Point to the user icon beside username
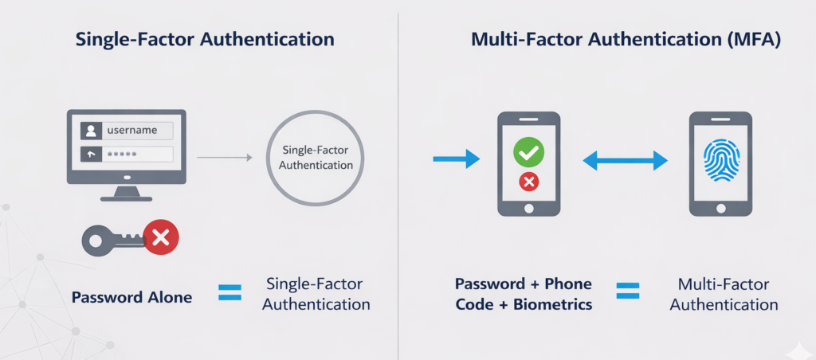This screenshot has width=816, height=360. (x=91, y=130)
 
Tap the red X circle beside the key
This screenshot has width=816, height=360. (x=160, y=237)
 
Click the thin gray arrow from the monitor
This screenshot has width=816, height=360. (x=224, y=158)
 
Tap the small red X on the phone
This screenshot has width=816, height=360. (x=528, y=182)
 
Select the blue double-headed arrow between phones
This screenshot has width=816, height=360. (x=625, y=161)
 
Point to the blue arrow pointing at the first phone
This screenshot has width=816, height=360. (x=456, y=160)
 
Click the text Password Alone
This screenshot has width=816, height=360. (x=131, y=297)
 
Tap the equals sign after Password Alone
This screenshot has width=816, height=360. (x=229, y=295)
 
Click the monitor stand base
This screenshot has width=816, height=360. (x=125, y=196)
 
